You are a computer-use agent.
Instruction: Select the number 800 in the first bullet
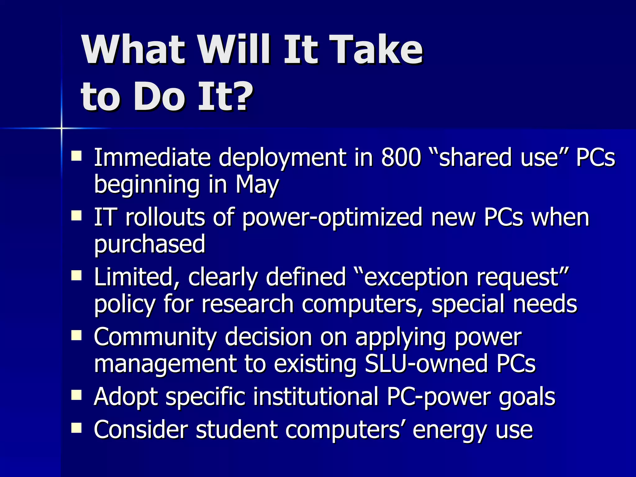click(x=401, y=157)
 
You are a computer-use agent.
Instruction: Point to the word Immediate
click(x=152, y=157)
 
